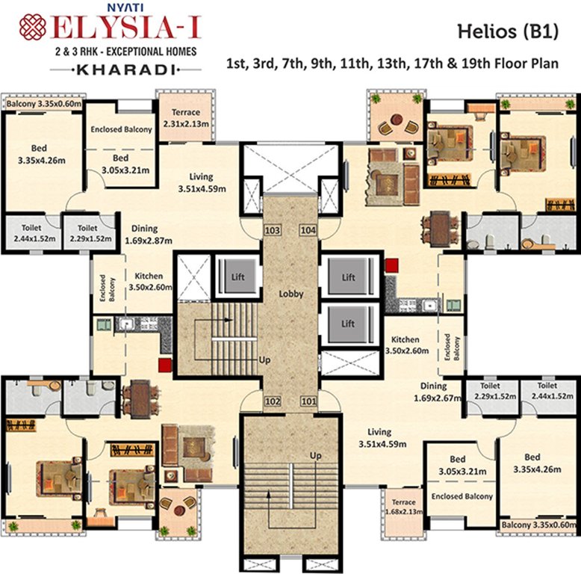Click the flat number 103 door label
pyautogui.click(x=273, y=230)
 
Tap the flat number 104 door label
pyautogui.click(x=308, y=230)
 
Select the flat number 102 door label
pyautogui.click(x=273, y=401)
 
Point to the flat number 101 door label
pyautogui.click(x=308, y=401)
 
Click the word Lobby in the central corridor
pyautogui.click(x=290, y=294)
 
